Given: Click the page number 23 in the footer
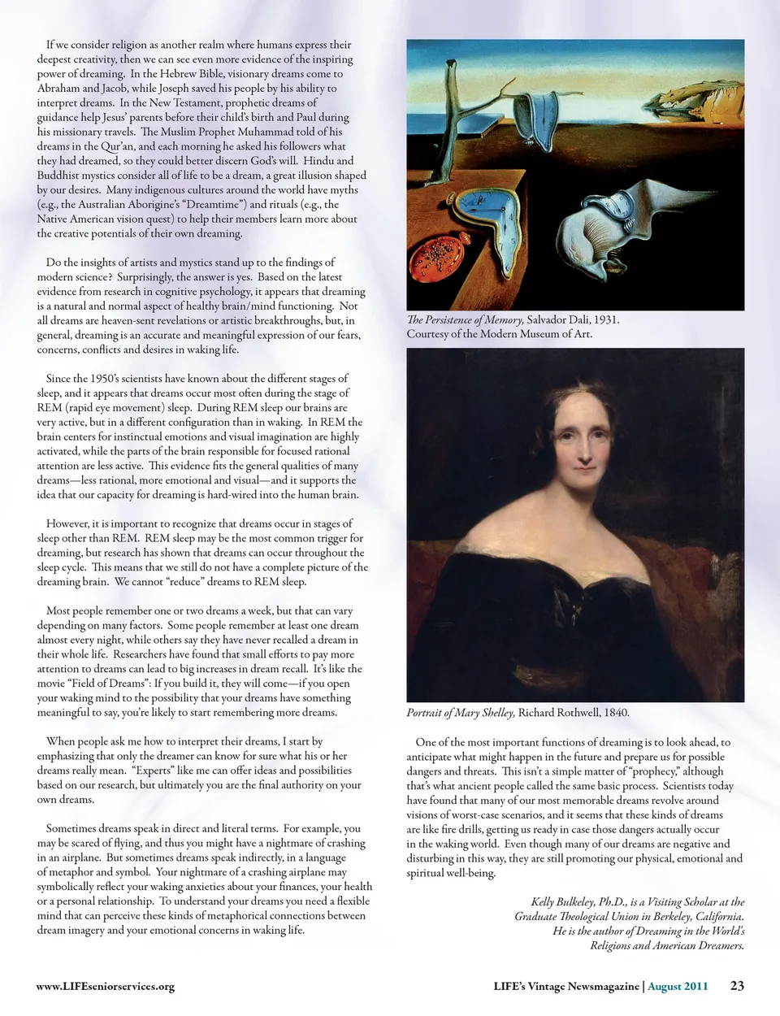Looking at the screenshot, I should coord(737,986).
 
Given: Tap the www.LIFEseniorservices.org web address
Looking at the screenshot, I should coord(106,987).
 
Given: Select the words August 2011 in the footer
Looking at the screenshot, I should coord(678,987).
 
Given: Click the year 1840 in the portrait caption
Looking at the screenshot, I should coord(615,713).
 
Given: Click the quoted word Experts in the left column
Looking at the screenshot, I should coord(154,771).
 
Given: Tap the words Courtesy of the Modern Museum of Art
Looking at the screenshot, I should coord(499,334).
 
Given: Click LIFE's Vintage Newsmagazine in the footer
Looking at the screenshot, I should coord(566,987).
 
